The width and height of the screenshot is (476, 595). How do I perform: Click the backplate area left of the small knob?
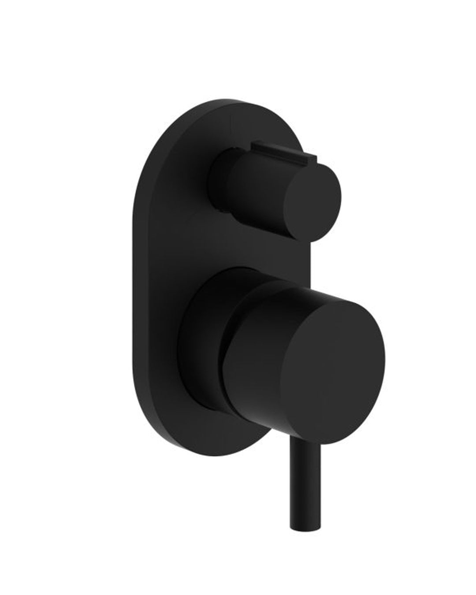pos(176,185)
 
